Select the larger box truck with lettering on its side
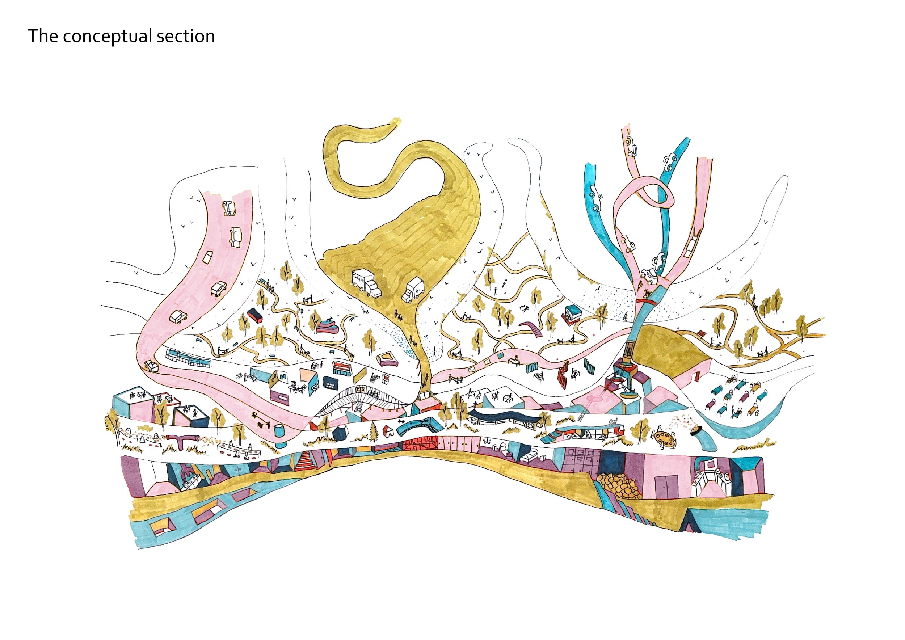pyautogui.click(x=366, y=283)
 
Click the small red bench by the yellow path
pyautogui.click(x=700, y=334)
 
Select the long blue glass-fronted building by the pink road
pyautogui.click(x=188, y=357)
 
